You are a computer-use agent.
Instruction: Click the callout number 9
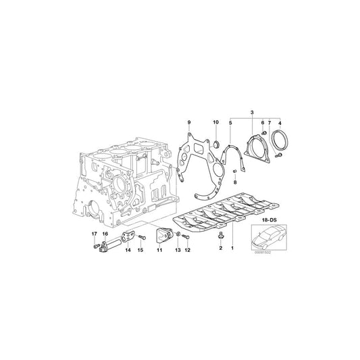(189, 122)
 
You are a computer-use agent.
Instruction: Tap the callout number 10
(215, 122)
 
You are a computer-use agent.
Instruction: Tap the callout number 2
(220, 249)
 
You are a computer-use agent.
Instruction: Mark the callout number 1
(234, 249)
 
